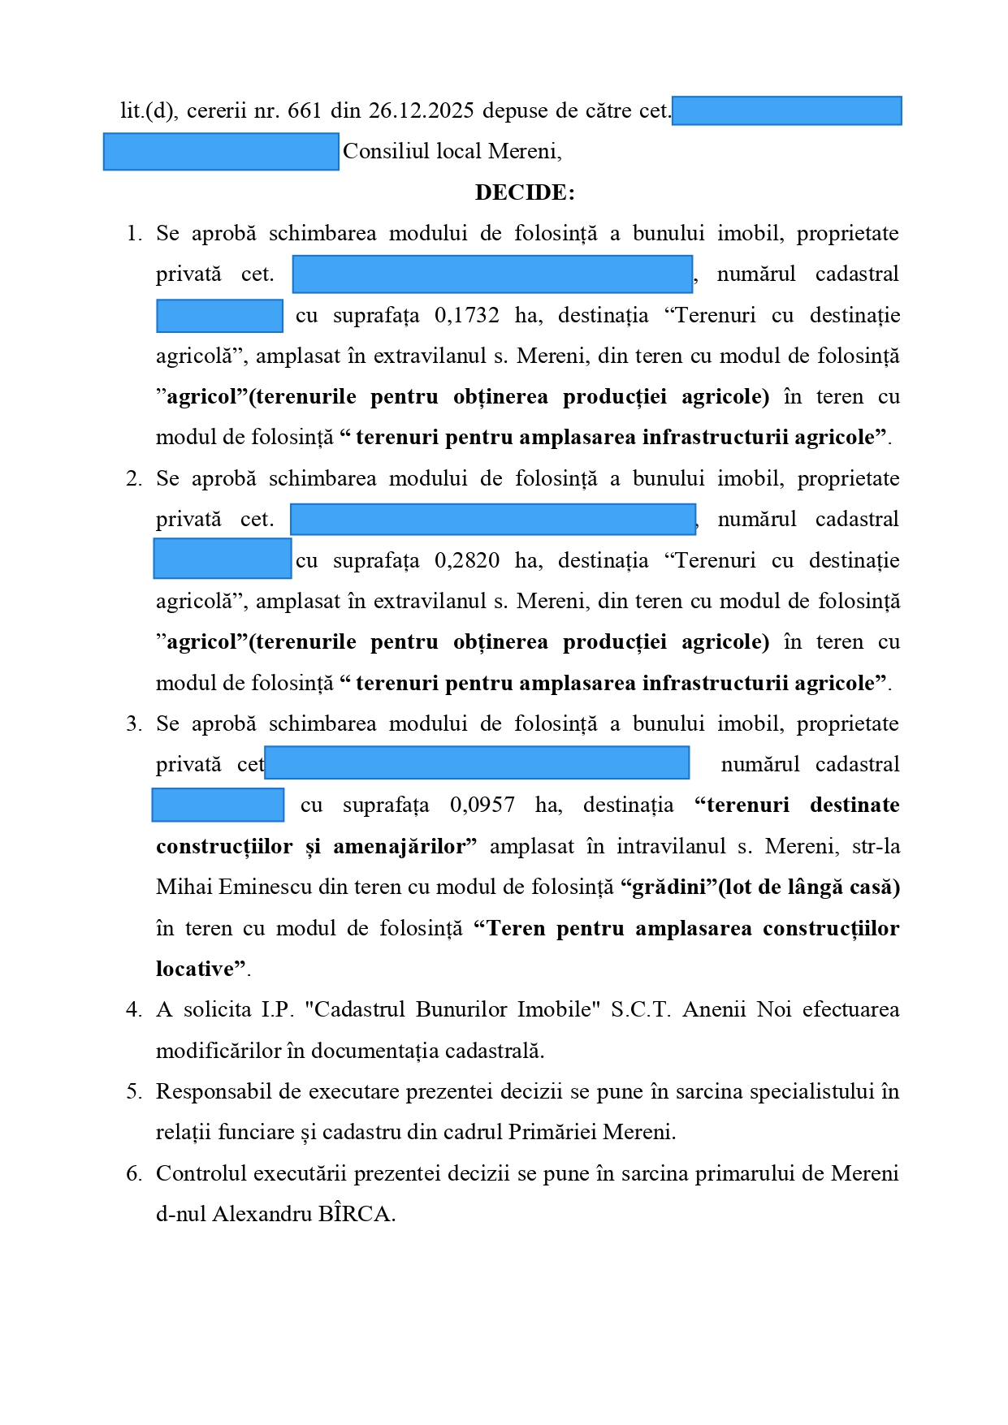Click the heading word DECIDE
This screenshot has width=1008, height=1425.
tap(523, 192)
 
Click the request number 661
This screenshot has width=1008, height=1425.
tap(305, 110)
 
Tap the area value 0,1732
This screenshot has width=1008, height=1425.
tap(467, 315)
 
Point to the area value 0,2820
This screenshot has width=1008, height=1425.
tap(467, 560)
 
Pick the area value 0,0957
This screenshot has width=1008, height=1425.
tap(482, 805)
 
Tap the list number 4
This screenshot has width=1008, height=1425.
tap(133, 1009)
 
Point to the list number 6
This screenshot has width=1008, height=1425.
tap(133, 1173)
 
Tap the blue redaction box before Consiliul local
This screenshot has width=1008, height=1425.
tap(221, 152)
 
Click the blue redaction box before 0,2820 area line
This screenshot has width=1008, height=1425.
tap(223, 559)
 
